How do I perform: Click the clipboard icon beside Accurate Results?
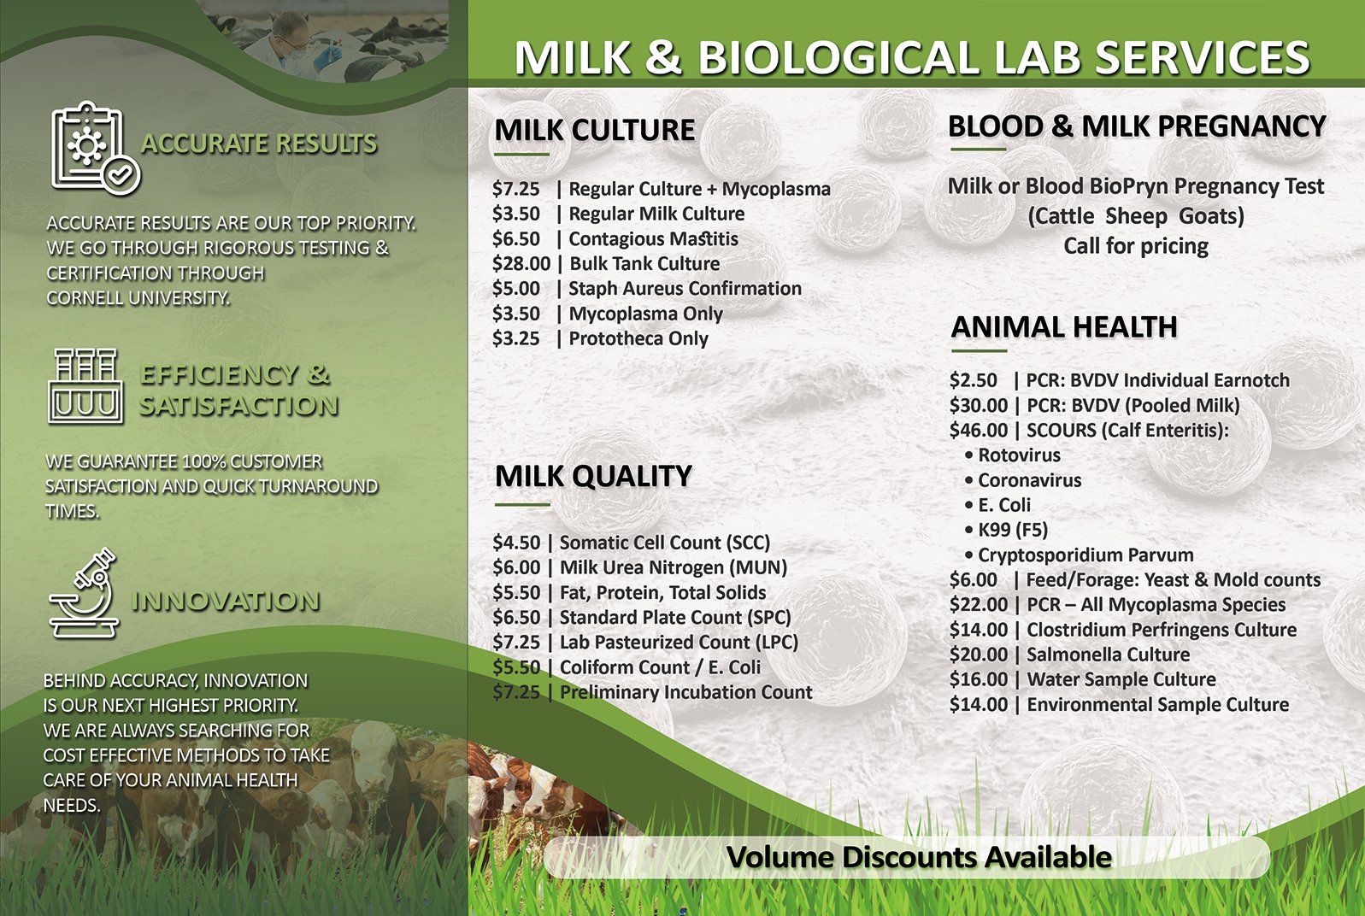(93, 147)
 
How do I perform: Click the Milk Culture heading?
(594, 130)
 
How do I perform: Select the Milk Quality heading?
(593, 476)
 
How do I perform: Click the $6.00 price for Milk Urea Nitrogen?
(516, 567)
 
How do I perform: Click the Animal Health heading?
(1064, 326)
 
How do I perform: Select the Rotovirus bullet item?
(1018, 455)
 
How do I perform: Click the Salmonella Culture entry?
(1108, 655)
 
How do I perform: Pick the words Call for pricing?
(1135, 246)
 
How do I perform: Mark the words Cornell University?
(138, 298)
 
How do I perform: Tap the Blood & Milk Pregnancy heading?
(1136, 126)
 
